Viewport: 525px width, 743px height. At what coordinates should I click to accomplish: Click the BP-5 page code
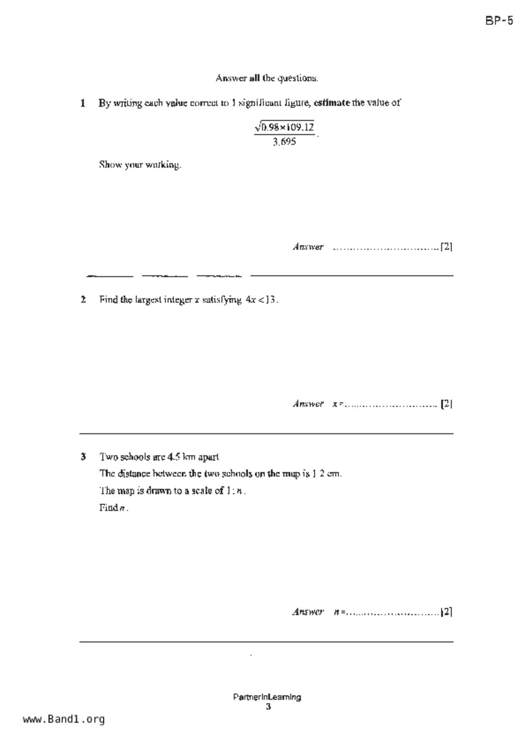point(499,21)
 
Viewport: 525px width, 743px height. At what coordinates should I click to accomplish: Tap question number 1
point(83,103)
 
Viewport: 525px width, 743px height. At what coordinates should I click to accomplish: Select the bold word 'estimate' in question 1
point(332,103)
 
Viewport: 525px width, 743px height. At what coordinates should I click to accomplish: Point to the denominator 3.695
point(284,142)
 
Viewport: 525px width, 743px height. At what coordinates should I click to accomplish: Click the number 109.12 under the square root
point(299,127)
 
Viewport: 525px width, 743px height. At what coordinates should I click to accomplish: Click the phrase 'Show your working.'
point(140,165)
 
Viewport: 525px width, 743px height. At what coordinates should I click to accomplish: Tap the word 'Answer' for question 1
point(308,247)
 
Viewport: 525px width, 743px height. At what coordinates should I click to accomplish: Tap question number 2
point(83,299)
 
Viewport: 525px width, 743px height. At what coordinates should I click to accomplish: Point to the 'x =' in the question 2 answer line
point(337,404)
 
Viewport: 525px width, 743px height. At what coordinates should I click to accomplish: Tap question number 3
point(83,457)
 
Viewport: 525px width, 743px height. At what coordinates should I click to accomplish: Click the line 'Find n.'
point(114,508)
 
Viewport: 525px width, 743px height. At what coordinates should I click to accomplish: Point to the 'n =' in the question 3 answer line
point(339,612)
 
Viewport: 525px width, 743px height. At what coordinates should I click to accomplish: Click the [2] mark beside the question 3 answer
point(447,612)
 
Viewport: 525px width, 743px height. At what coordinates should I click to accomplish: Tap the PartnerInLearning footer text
point(267,697)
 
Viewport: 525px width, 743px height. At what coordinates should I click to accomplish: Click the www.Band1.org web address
point(64,719)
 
